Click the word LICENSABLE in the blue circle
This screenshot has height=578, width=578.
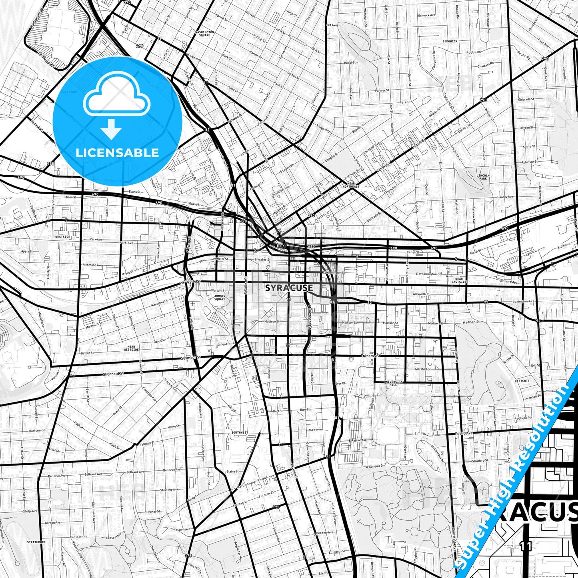point(117,152)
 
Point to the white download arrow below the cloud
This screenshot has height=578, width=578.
point(111,129)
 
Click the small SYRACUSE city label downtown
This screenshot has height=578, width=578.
point(289,288)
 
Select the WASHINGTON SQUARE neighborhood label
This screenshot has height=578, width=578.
point(202,33)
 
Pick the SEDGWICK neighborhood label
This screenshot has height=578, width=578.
point(450,41)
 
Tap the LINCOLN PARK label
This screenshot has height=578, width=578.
point(483,177)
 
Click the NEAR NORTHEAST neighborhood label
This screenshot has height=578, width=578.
point(351,185)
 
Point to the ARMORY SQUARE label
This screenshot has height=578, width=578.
point(220,298)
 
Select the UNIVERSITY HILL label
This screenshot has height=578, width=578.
point(393,383)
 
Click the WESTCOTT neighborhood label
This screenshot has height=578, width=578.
point(522,381)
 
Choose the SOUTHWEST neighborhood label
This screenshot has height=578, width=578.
point(239,432)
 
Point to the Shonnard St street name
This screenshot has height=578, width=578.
point(113,374)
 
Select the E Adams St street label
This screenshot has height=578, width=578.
point(371,355)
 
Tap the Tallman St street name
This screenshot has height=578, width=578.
point(146,444)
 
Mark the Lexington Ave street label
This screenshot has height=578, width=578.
point(524,301)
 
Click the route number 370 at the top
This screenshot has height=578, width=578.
point(127,2)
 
